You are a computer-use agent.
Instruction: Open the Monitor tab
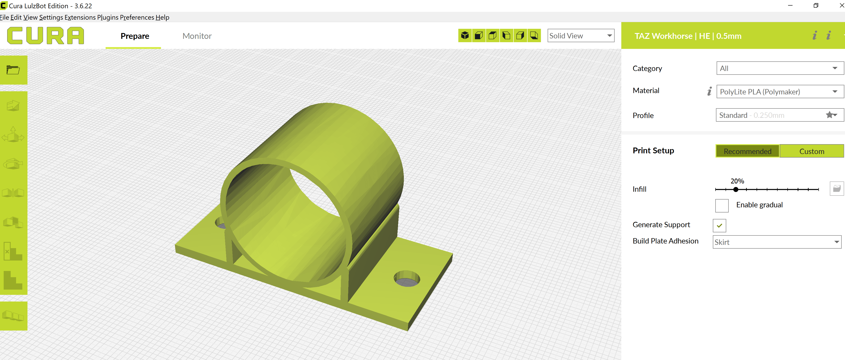click(197, 36)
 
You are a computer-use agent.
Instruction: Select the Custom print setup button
click(811, 151)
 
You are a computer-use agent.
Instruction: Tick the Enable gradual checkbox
click(722, 206)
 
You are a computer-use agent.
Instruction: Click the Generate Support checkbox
click(719, 226)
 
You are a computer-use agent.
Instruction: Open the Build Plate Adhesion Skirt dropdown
click(776, 242)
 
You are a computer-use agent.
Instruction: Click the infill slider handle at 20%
click(736, 189)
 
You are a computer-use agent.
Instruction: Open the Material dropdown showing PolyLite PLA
click(779, 92)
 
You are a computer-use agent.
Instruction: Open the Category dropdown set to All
click(779, 69)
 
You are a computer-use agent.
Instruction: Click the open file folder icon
click(13, 70)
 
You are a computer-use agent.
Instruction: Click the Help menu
click(162, 17)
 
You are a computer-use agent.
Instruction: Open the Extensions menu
click(80, 17)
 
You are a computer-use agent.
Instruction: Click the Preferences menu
click(137, 17)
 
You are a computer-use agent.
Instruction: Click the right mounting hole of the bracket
click(407, 279)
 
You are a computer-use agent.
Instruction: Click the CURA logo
click(45, 35)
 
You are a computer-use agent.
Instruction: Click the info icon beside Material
click(709, 91)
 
